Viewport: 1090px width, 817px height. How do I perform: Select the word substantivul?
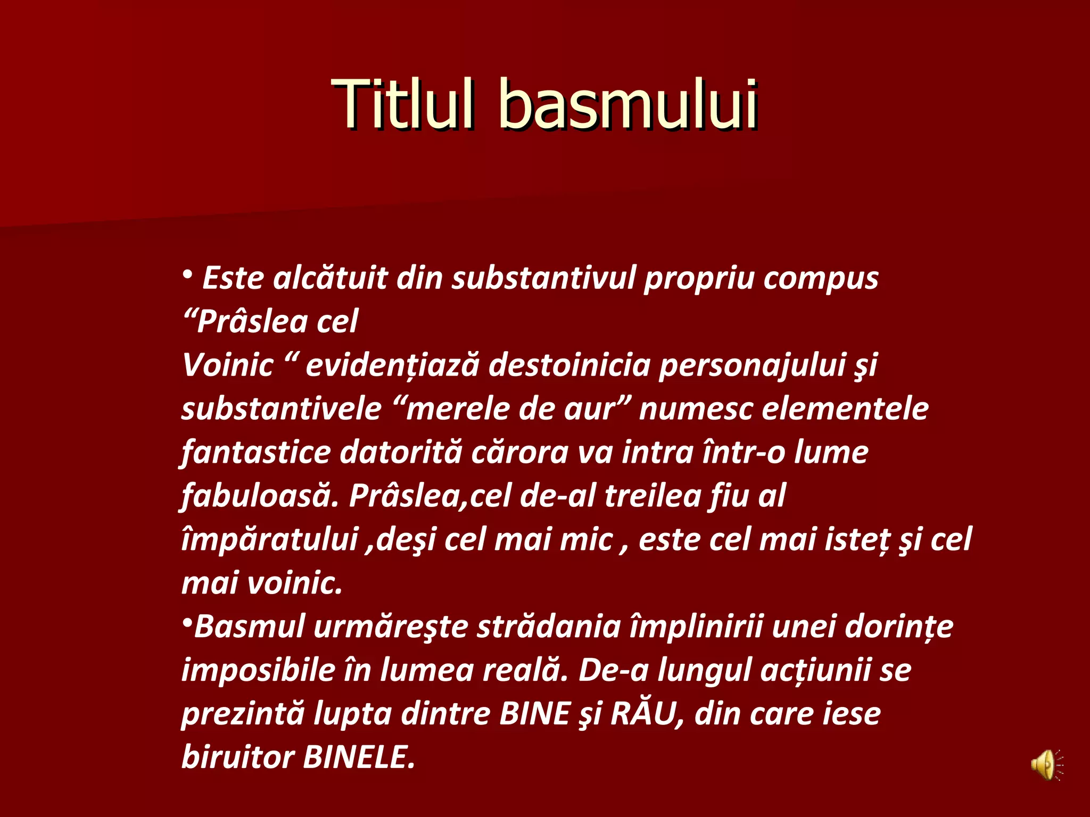pos(543,278)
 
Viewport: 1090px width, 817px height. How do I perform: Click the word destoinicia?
pos(569,365)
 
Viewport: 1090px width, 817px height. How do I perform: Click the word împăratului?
pos(269,540)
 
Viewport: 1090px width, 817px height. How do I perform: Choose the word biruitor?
pos(237,757)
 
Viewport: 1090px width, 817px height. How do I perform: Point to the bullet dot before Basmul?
pos(187,622)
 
